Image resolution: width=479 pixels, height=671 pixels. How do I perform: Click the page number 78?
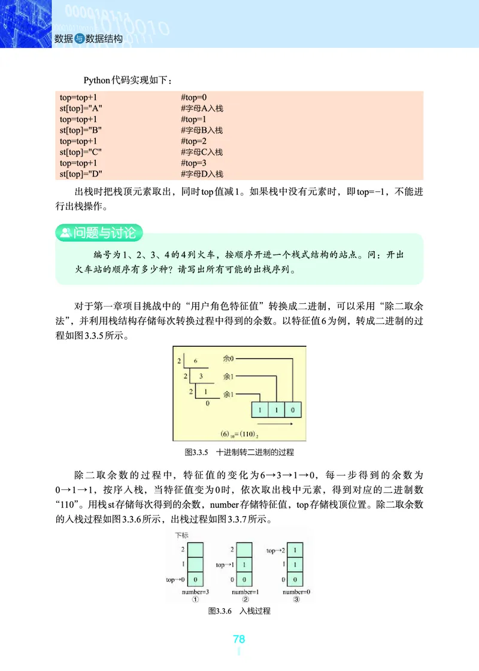(x=239, y=639)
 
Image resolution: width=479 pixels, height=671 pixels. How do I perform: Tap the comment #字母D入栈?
(x=202, y=174)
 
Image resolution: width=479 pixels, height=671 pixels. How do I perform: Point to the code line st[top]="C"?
(x=80, y=152)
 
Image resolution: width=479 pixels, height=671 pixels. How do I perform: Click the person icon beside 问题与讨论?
(x=64, y=231)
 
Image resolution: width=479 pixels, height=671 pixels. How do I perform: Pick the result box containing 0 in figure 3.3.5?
(x=292, y=410)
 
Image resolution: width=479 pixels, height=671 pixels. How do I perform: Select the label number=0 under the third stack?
(x=298, y=592)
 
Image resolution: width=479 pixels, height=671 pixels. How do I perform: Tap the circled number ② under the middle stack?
(x=245, y=600)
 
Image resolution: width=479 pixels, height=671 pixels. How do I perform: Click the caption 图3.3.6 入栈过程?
(x=239, y=611)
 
